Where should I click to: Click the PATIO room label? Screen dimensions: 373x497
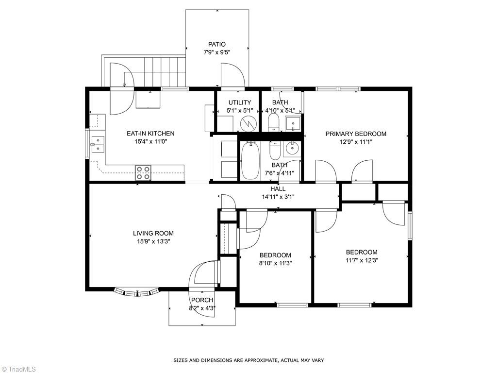click(x=217, y=44)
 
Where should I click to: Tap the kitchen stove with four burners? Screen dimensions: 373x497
click(x=143, y=170)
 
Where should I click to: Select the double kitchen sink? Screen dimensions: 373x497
click(x=98, y=143)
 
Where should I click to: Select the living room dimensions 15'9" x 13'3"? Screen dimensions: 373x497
click(x=153, y=241)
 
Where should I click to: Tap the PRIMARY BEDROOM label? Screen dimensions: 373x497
click(x=356, y=134)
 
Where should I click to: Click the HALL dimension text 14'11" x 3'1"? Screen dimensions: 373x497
click(x=278, y=197)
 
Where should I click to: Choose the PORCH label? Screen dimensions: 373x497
click(x=202, y=300)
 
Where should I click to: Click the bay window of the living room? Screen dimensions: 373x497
click(x=137, y=292)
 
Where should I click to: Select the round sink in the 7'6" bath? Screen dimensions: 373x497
click(x=292, y=148)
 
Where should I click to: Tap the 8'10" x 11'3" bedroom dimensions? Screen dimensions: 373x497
click(x=275, y=263)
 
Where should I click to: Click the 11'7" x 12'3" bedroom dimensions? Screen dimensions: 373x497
click(x=362, y=260)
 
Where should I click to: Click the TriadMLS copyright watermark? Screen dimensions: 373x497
click(x=19, y=369)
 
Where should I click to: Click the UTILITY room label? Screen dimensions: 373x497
click(x=240, y=102)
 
